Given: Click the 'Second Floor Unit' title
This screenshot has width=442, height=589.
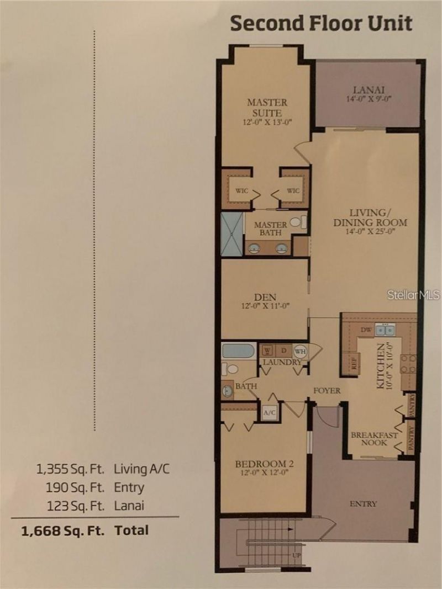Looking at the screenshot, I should click(x=321, y=24).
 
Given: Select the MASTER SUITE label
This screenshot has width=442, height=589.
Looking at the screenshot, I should click(x=267, y=107).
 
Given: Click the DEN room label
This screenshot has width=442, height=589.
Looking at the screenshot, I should click(x=265, y=297).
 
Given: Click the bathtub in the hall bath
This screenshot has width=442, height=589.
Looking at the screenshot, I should click(x=238, y=351).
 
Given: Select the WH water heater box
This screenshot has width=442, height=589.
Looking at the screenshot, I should click(x=301, y=351).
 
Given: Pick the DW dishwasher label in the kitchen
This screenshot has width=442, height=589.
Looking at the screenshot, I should click(x=366, y=330).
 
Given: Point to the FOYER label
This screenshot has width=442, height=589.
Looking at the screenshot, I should click(x=327, y=390).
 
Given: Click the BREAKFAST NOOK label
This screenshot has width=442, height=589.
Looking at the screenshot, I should click(x=374, y=439).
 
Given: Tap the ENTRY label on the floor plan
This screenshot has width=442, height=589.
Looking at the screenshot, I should click(x=363, y=503).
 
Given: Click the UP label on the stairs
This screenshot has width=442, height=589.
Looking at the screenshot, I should click(x=297, y=555).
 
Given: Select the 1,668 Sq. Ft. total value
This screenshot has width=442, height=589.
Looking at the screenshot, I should click(x=62, y=530).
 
